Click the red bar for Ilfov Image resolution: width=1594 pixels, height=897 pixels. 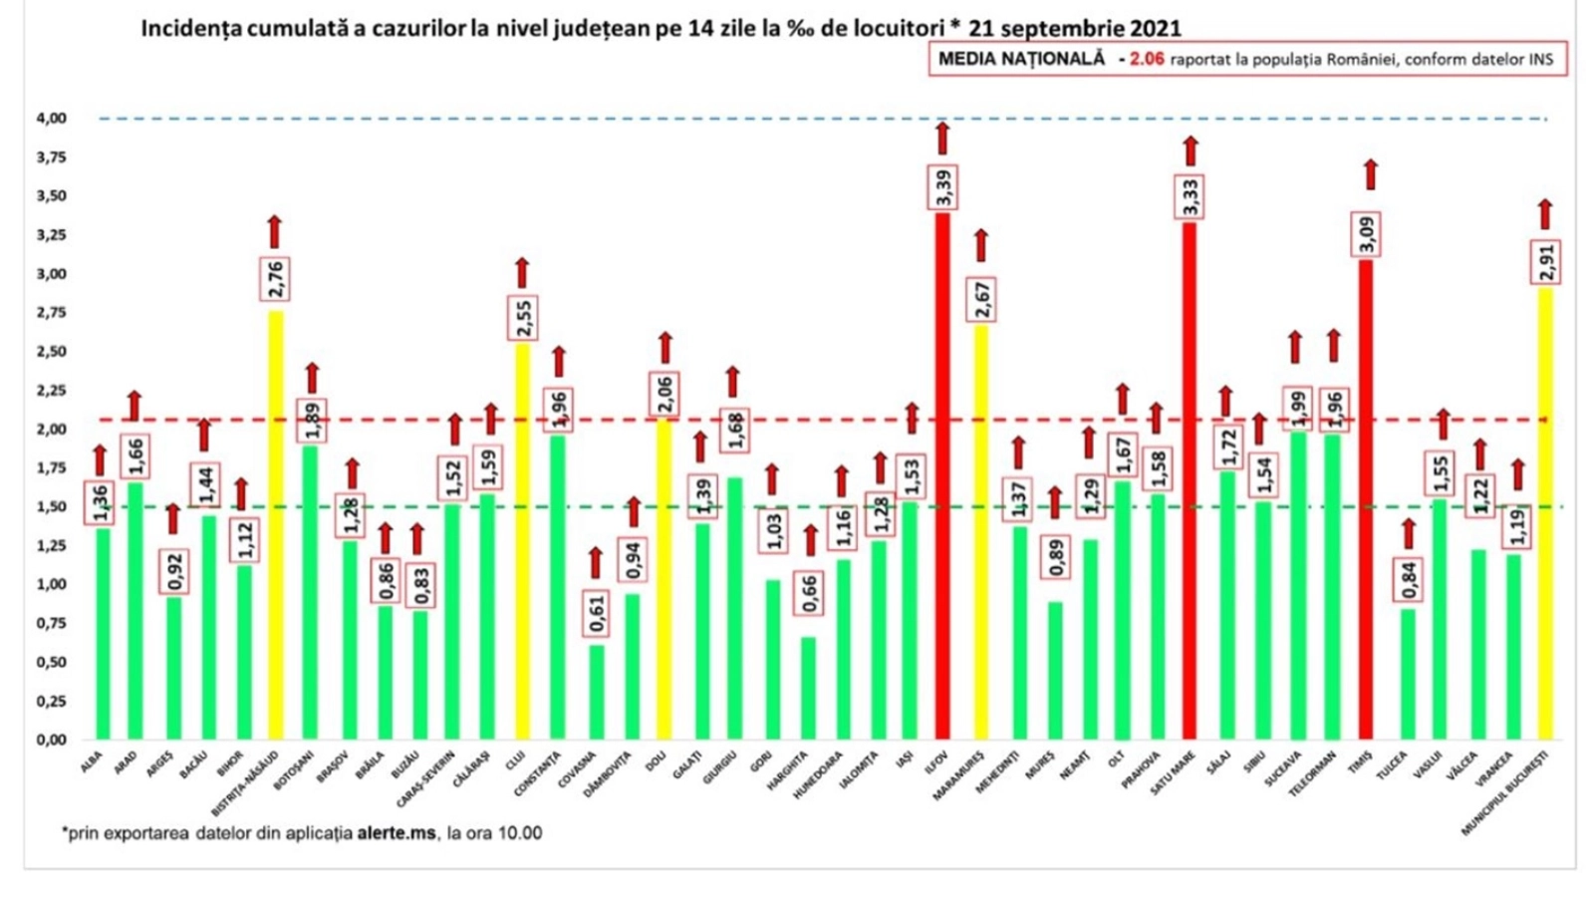point(941,478)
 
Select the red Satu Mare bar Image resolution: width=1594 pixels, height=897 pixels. point(1189,483)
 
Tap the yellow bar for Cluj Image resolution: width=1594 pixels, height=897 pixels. point(522,543)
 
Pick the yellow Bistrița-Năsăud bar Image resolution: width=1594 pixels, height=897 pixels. point(275,528)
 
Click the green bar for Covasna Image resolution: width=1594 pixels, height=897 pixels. point(596,693)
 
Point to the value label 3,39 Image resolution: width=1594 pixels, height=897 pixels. point(942,187)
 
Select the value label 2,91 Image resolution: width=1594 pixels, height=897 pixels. point(1545,263)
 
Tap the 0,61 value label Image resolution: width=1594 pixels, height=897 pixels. point(596,610)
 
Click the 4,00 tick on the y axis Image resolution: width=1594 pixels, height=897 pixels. point(52,119)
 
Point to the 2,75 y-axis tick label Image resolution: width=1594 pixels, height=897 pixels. point(52,313)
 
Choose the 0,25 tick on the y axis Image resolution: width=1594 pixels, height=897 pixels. point(52,702)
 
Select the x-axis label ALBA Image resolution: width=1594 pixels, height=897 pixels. point(93,762)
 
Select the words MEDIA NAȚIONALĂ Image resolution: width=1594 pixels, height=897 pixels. point(1021,59)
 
